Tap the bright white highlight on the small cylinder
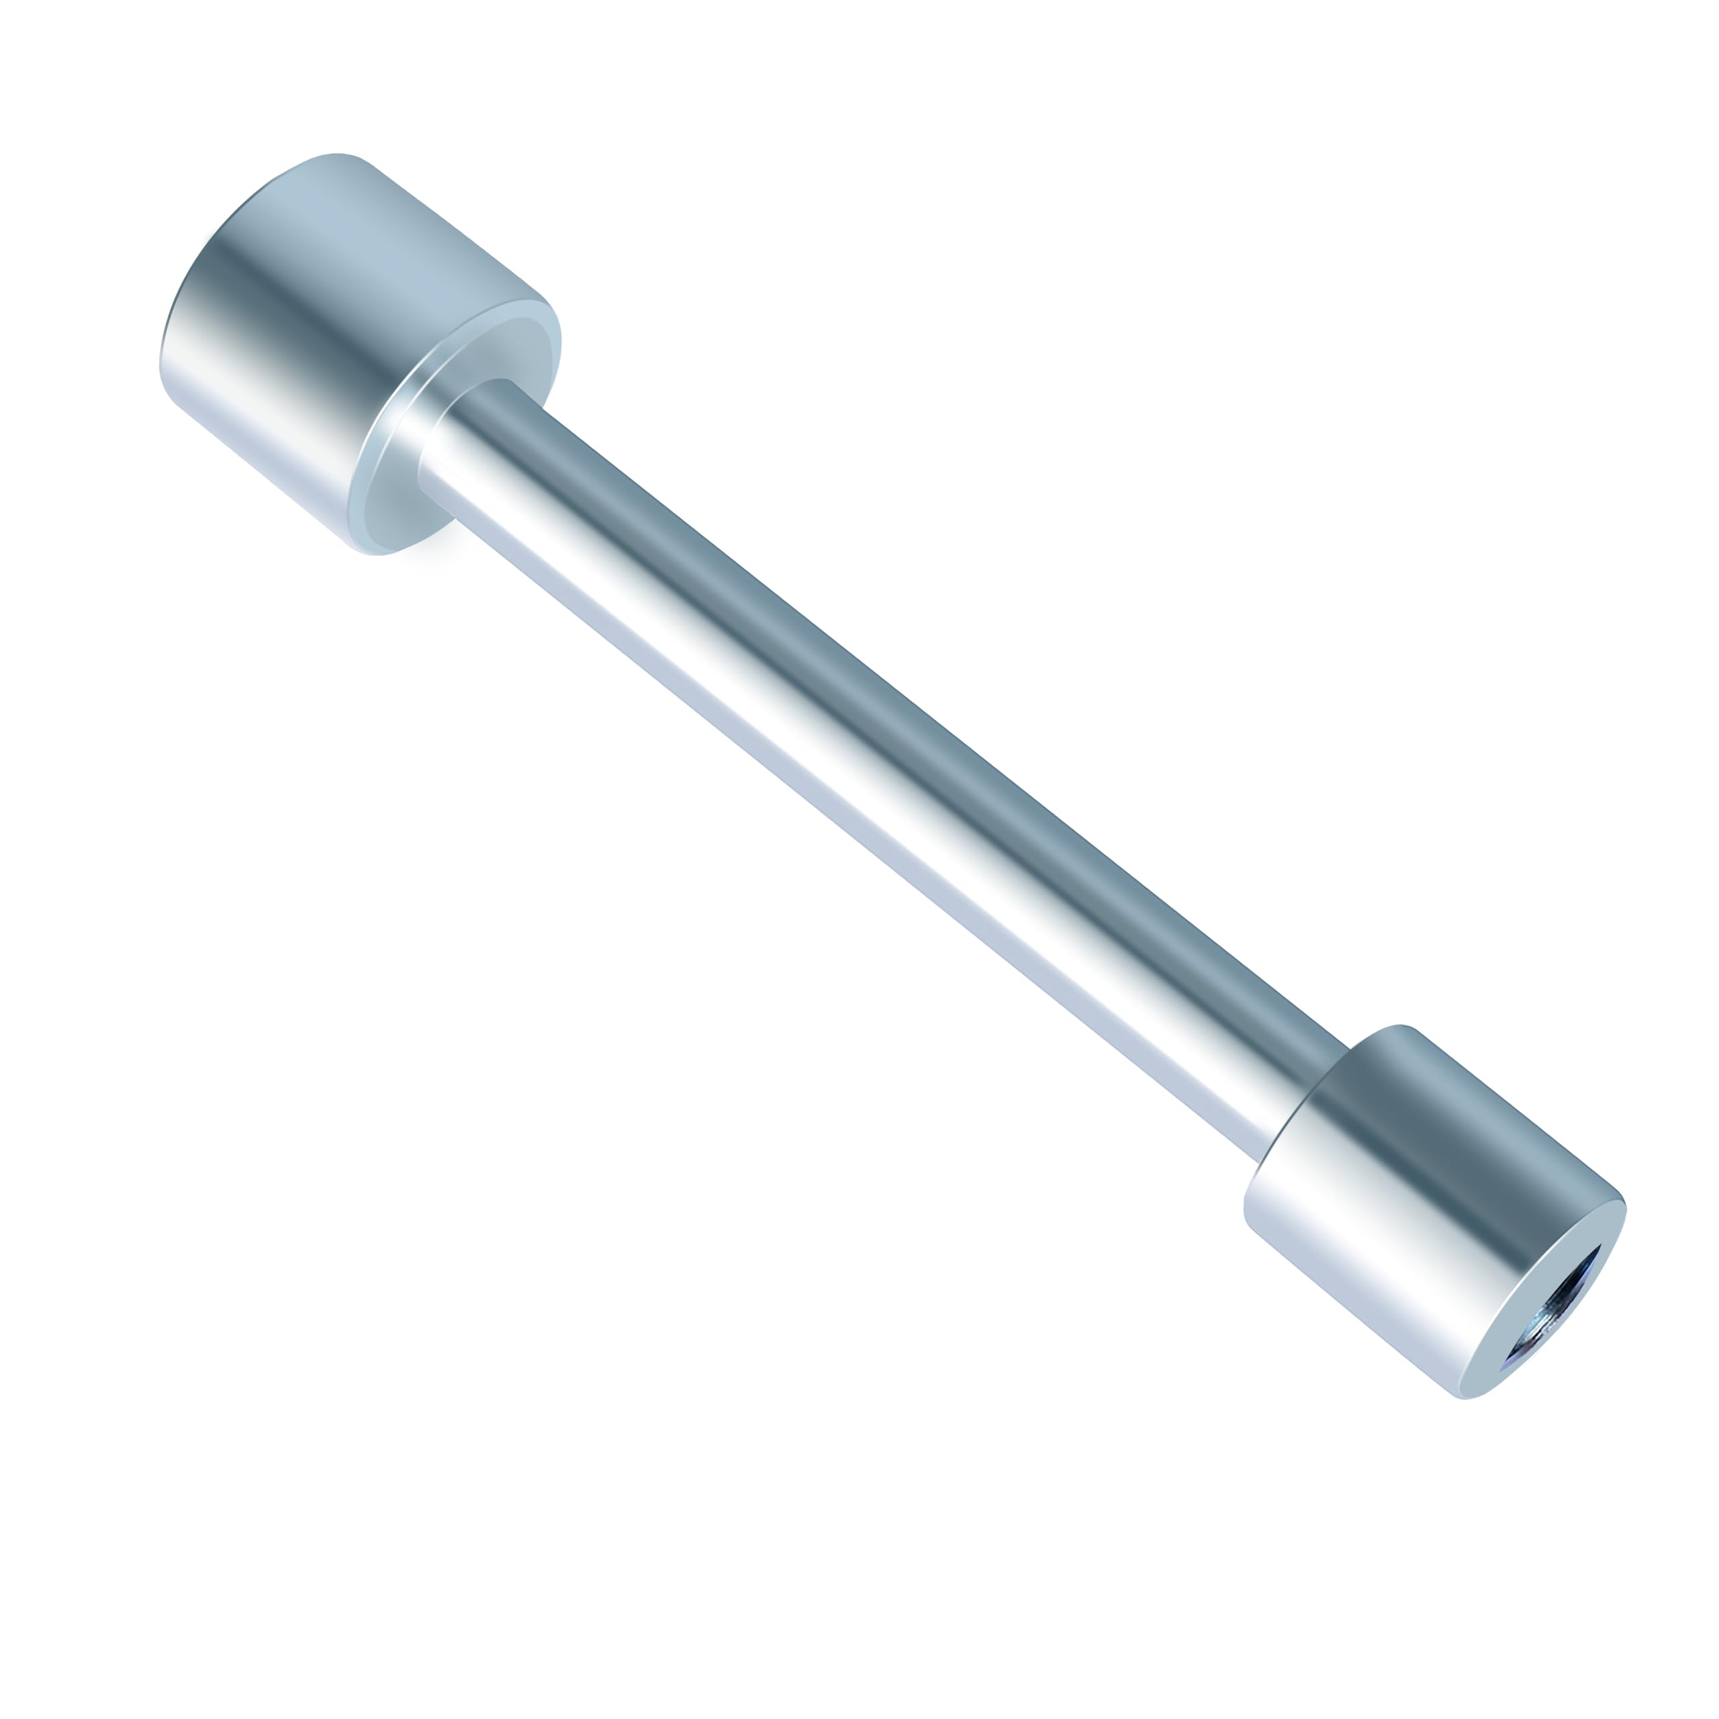pos(1370,1246)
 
